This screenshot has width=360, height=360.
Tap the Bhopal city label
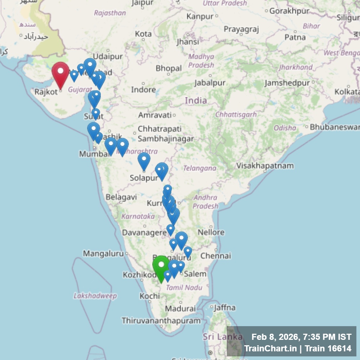click(x=168, y=68)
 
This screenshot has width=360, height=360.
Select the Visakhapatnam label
click(x=265, y=166)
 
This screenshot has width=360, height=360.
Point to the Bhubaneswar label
click(x=335, y=127)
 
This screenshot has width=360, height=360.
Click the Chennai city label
click(x=215, y=256)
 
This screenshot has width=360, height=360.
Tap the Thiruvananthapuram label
click(x=161, y=320)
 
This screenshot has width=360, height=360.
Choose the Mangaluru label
click(x=103, y=253)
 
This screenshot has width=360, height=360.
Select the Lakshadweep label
click(x=95, y=296)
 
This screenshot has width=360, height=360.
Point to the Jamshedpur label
click(x=287, y=83)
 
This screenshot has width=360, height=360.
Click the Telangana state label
click(x=199, y=168)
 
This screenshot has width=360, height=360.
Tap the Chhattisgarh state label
click(x=236, y=114)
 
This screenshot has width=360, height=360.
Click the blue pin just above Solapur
click(x=144, y=160)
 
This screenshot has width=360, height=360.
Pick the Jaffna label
click(x=225, y=307)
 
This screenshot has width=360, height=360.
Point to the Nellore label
click(x=211, y=232)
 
